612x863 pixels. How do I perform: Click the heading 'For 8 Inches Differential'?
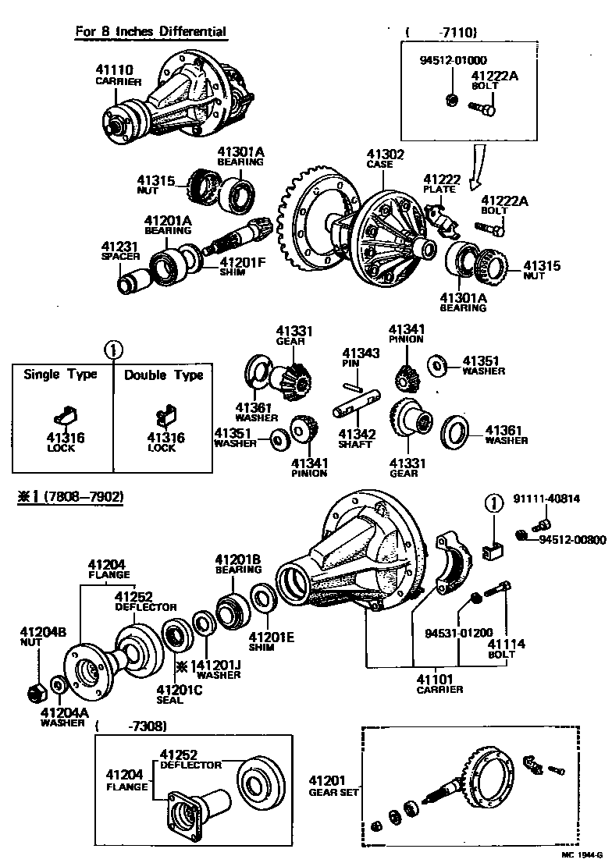[x=151, y=32]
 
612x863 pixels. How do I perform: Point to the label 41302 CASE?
[x=385, y=160]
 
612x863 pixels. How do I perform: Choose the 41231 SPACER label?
[x=120, y=250]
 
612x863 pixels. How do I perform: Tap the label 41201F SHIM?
[x=242, y=267]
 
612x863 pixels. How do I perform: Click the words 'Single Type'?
[x=60, y=375]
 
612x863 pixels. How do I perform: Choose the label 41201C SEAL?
[x=179, y=694]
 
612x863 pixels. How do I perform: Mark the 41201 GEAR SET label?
[x=333, y=785]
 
